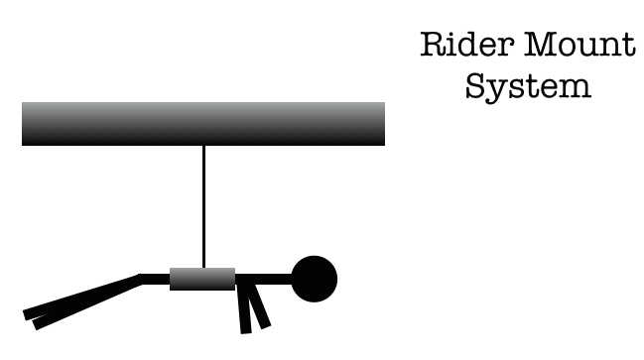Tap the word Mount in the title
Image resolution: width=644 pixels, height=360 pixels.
point(580,45)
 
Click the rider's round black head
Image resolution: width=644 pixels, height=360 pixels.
point(315,279)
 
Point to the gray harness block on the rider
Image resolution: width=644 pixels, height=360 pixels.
point(202,279)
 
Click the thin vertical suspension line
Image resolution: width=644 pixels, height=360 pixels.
point(203,206)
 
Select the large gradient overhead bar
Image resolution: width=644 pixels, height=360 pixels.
point(203,124)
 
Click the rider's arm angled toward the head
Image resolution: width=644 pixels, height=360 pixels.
point(259,305)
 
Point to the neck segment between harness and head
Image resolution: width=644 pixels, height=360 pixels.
point(263,279)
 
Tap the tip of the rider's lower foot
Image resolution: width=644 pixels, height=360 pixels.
point(35,324)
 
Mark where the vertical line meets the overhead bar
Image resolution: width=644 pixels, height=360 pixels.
point(203,146)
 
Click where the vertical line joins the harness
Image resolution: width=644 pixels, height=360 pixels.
point(203,268)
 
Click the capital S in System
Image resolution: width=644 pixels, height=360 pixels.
point(475,85)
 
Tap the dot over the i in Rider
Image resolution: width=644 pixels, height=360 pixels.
point(455,34)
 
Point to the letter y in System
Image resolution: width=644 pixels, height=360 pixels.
point(497,92)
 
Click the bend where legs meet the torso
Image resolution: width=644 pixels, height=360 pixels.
point(141,279)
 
